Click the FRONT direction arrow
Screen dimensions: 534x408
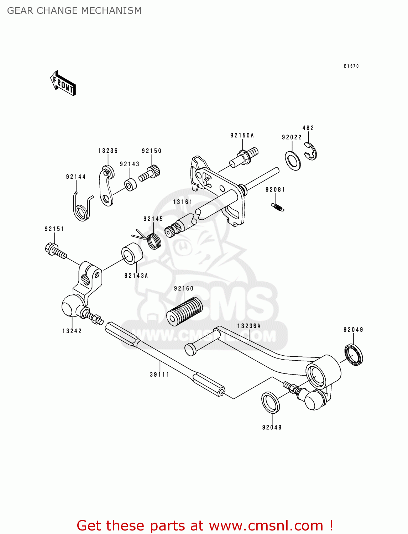63,83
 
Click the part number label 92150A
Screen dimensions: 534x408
242,135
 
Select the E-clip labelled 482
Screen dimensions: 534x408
311,151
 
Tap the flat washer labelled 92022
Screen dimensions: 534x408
293,161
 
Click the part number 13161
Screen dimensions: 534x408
183,202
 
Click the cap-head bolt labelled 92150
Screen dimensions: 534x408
150,173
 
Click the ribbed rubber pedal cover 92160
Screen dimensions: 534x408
184,311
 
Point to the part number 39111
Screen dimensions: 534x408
159,375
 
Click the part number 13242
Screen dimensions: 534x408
72,331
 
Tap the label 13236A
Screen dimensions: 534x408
249,326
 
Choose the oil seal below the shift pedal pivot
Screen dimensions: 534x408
271,403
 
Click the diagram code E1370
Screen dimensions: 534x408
351,66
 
